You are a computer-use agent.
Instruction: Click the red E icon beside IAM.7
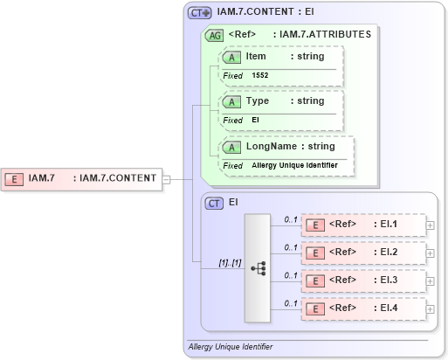(x=15, y=178)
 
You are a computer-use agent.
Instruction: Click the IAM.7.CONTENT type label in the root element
(x=117, y=178)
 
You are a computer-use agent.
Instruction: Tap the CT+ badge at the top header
(x=200, y=13)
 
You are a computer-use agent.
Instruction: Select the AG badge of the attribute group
(x=213, y=35)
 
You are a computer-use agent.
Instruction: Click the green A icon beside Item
(x=231, y=57)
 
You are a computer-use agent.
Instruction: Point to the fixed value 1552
(x=260, y=76)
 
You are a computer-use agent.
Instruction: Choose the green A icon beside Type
(x=231, y=101)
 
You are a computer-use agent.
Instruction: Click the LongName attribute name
(x=272, y=147)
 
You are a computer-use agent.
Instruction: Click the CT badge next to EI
(x=214, y=203)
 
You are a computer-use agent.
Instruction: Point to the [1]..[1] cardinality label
(x=230, y=262)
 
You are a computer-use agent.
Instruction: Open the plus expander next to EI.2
(x=430, y=253)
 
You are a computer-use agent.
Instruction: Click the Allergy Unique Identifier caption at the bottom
(x=231, y=347)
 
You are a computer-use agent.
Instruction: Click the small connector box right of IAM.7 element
(x=166, y=178)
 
